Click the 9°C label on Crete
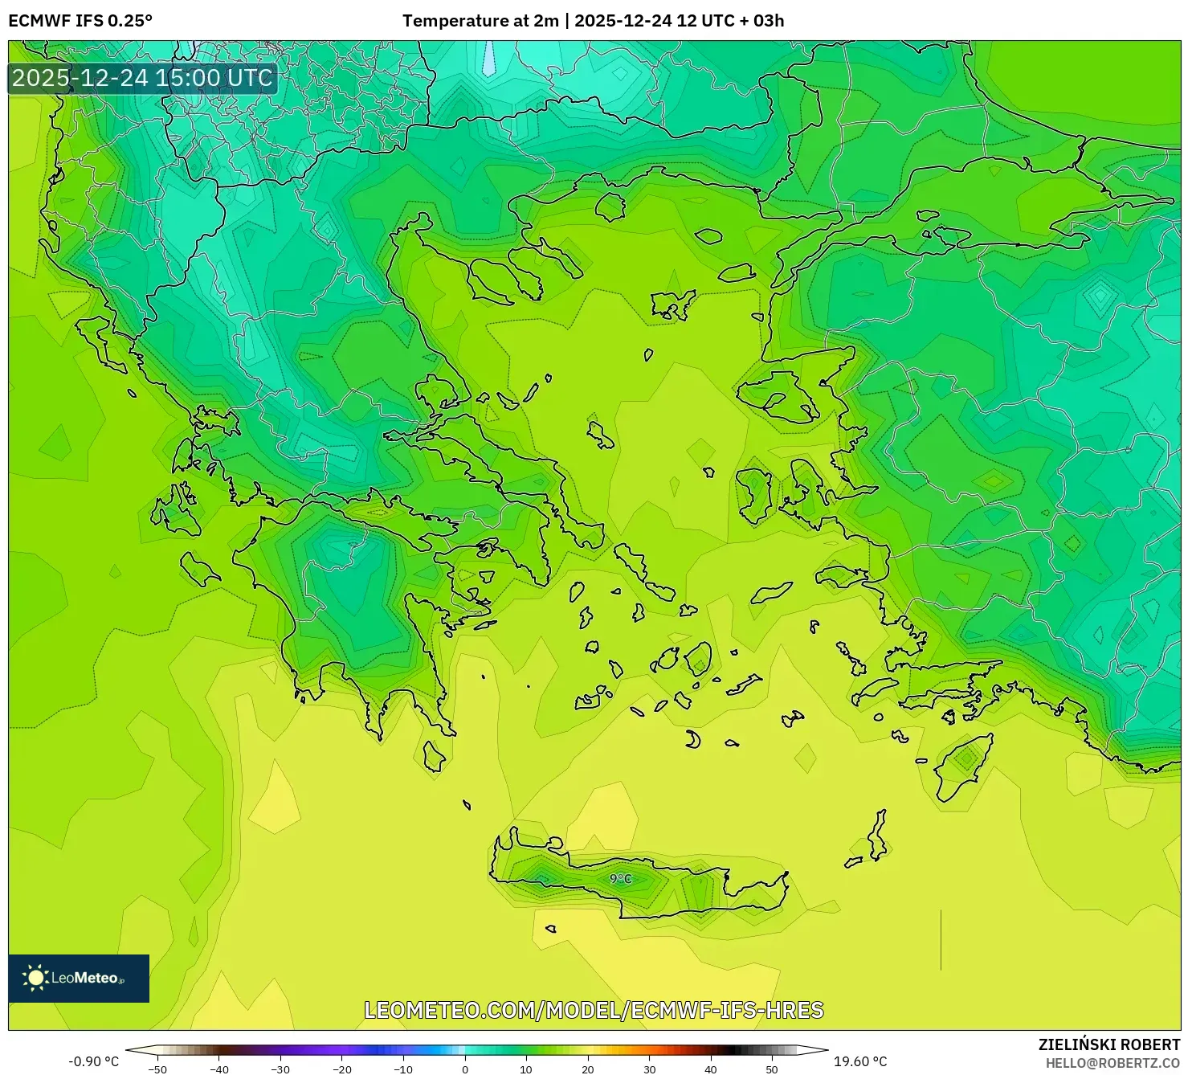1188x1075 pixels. (620, 879)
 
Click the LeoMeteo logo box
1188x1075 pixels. (79, 978)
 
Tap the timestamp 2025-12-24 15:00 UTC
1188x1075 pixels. (142, 78)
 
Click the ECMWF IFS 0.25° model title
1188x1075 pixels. (80, 21)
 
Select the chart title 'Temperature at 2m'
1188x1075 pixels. (480, 21)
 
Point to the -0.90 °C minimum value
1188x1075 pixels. (93, 1061)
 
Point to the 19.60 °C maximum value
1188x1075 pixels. (860, 1061)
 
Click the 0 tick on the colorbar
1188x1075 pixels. (465, 1069)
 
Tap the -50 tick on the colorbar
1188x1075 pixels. (157, 1069)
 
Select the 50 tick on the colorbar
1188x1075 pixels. (772, 1069)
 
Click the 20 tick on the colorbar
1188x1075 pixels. (588, 1069)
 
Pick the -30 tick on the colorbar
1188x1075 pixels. (280, 1069)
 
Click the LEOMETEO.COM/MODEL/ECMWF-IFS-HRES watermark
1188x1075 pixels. (594, 1010)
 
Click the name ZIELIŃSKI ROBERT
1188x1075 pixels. (1108, 1044)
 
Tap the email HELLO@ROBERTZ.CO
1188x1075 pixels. (1112, 1062)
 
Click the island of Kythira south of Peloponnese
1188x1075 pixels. (434, 756)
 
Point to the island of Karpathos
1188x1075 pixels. (877, 837)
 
